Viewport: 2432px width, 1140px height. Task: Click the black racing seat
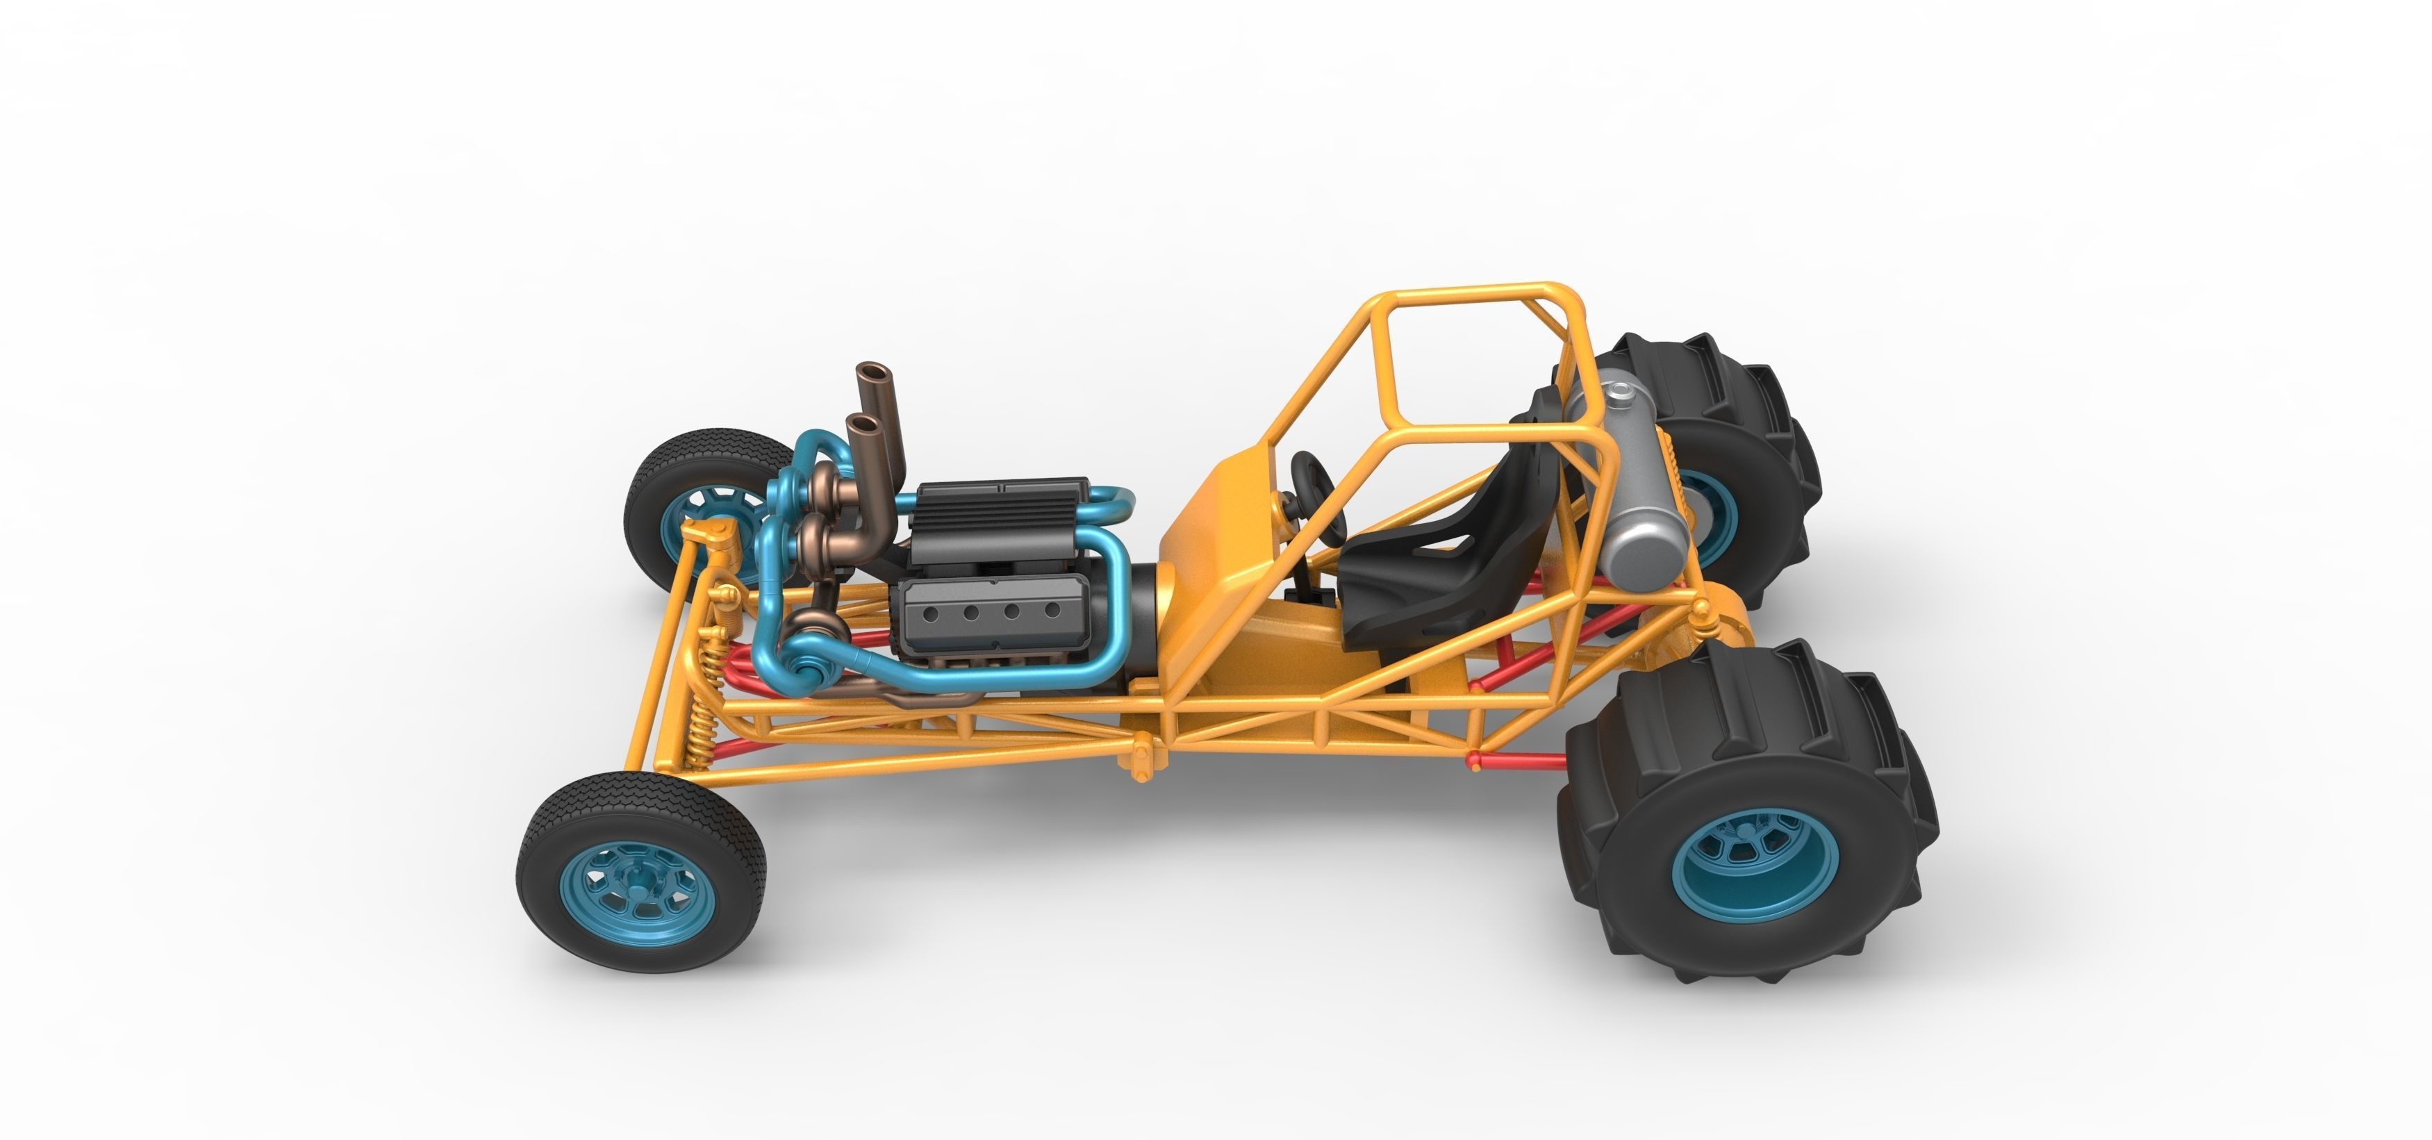(x=1416, y=567)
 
